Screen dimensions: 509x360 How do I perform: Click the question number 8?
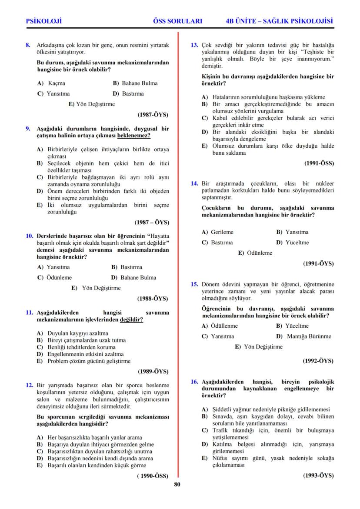[28, 45]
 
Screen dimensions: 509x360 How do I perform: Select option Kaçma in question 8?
[57, 83]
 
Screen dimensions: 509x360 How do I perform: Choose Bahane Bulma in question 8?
[139, 83]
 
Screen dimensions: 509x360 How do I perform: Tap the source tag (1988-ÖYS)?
[153, 299]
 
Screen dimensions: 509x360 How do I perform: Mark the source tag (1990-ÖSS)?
[152, 476]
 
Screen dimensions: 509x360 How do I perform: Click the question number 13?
[195, 45]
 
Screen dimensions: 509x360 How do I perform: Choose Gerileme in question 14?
[222, 232]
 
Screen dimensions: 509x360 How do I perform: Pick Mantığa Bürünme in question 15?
[309, 336]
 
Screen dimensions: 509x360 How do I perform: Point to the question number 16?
[195, 382]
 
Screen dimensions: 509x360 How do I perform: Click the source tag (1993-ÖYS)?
[318, 476]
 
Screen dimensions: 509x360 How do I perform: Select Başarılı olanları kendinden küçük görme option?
[97, 465]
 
